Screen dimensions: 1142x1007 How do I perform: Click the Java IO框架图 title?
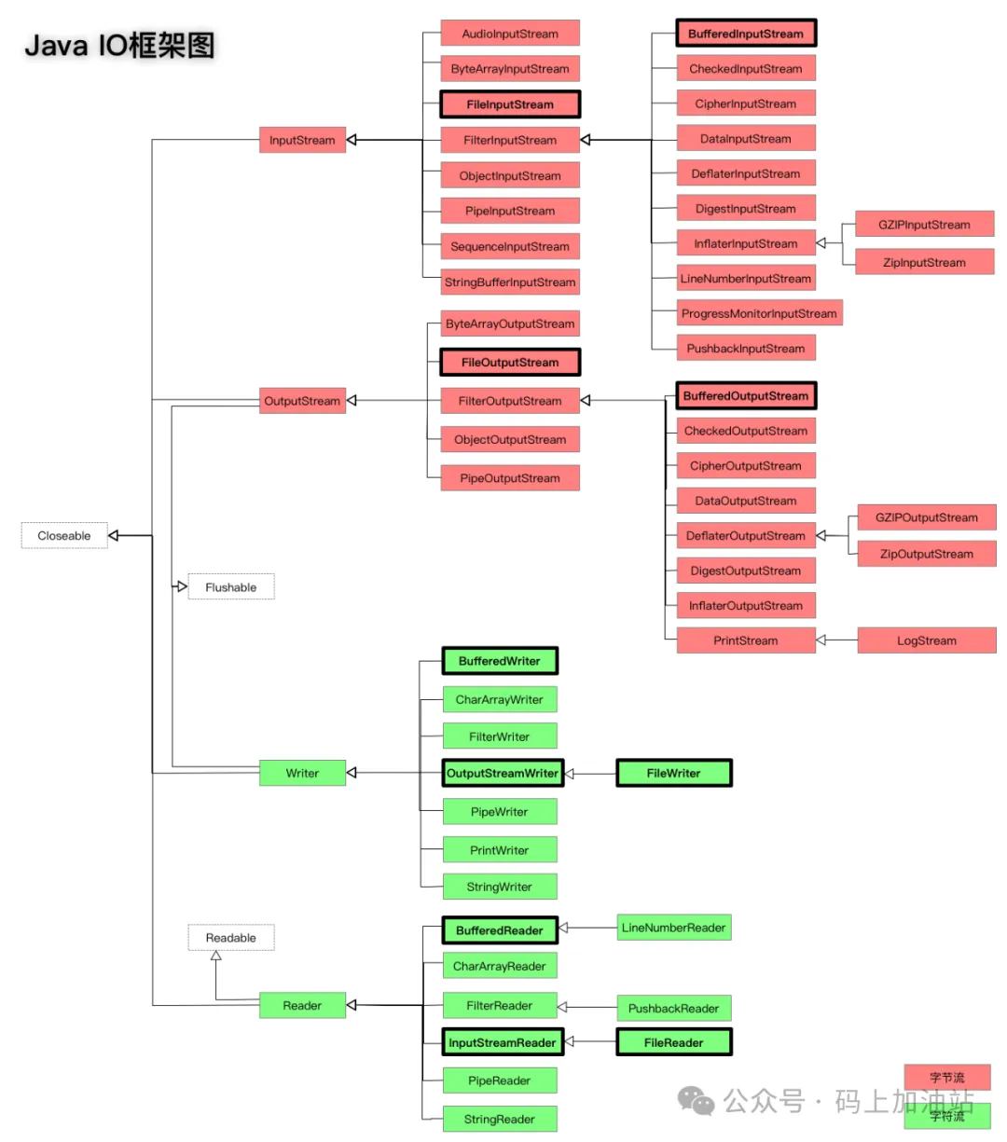pos(119,45)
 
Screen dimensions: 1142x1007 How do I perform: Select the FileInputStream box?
pos(510,104)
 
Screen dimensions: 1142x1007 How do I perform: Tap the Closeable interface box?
pos(64,536)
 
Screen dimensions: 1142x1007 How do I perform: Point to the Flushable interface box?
pos(231,587)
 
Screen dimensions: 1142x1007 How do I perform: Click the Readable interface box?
pos(231,938)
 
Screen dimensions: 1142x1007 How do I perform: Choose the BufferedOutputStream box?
pos(746,396)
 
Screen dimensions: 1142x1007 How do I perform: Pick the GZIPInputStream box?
pos(924,225)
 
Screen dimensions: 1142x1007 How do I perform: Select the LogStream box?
pos(927,640)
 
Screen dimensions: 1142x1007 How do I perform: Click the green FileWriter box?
pos(674,773)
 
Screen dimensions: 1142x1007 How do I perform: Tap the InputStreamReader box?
pos(503,1042)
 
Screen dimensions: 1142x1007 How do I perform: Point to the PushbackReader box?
pos(674,1008)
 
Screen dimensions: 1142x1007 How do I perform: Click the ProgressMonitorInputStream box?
pos(759,313)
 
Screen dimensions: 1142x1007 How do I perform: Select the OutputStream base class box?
pos(302,401)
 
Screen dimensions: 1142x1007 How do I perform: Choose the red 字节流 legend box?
pos(947,1078)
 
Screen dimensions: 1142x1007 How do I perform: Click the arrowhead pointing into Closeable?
pos(114,536)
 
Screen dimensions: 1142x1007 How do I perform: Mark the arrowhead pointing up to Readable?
pos(216,956)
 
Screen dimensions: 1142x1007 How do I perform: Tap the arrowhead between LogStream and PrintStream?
pos(821,640)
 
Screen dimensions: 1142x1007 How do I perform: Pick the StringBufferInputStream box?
pos(510,282)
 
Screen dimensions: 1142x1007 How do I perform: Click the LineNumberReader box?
pos(674,928)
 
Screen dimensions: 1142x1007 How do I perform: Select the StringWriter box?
pos(500,887)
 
